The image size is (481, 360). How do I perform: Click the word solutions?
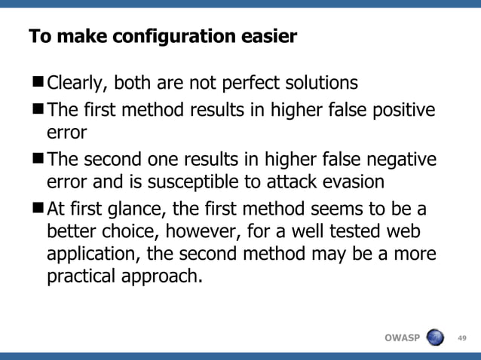321,82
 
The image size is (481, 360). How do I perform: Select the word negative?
398,160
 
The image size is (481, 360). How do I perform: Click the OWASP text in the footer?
401,337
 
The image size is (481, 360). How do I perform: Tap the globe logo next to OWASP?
435,337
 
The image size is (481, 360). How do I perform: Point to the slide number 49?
462,337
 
